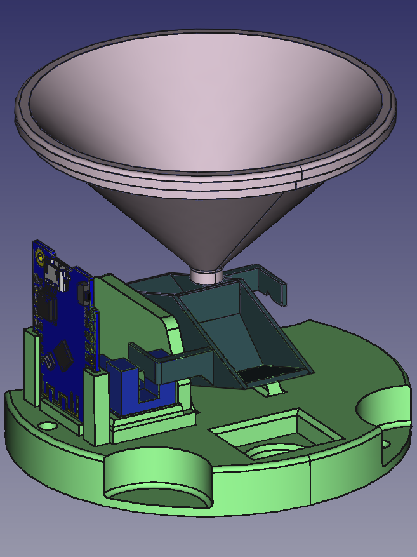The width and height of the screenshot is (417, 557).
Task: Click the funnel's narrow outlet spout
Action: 207,276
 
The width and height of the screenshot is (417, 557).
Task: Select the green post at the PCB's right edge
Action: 96,406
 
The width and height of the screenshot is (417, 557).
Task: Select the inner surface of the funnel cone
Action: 203,108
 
